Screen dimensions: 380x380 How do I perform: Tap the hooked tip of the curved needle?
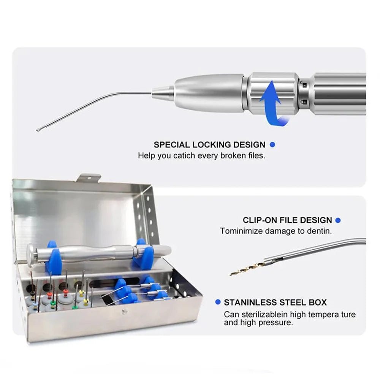38,130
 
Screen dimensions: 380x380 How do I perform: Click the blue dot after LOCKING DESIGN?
272,145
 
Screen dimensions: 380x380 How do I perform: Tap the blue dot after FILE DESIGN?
338,220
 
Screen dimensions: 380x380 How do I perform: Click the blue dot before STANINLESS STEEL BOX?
218,302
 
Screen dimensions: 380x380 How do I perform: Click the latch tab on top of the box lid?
89,177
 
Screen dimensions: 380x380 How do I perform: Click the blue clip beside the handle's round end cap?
54,260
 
